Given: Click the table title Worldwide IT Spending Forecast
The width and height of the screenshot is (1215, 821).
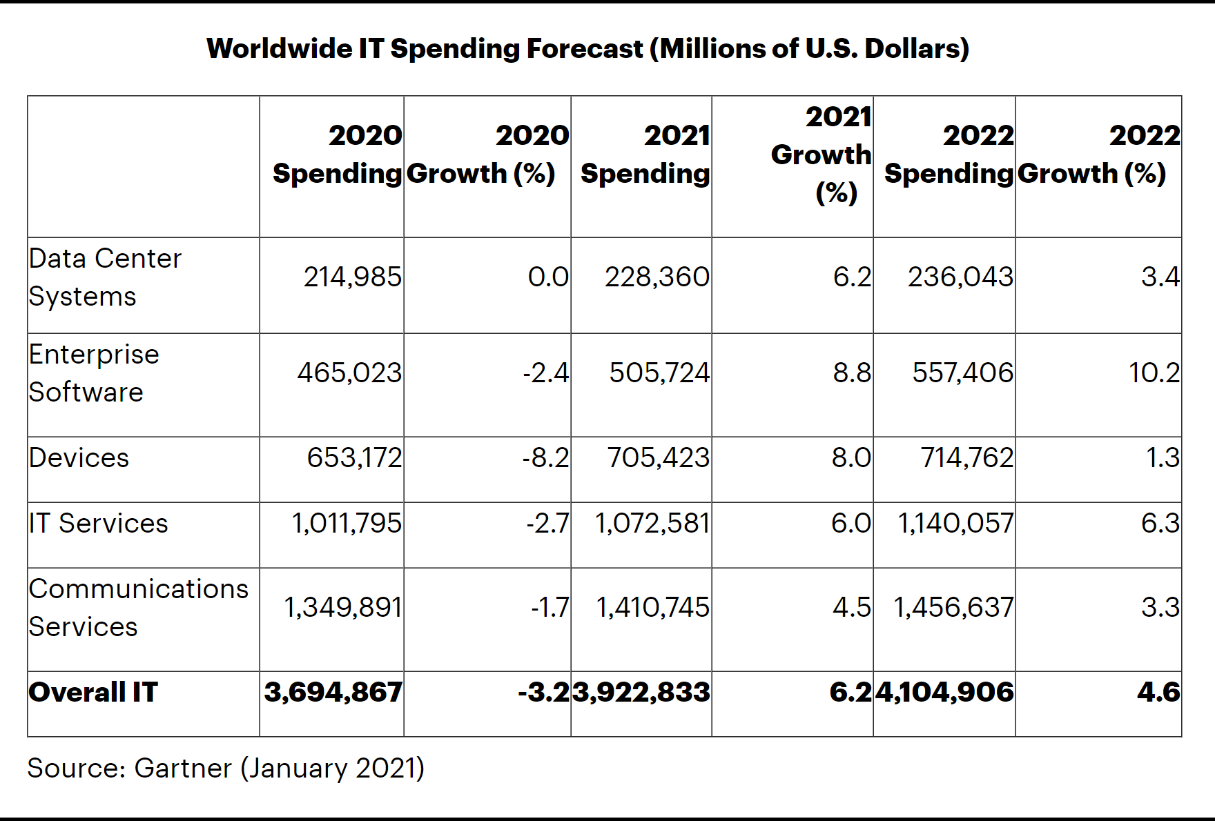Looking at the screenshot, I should (587, 49).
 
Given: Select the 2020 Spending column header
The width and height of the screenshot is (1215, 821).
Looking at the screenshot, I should (337, 155).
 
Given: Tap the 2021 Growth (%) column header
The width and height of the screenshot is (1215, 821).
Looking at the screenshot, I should (822, 155).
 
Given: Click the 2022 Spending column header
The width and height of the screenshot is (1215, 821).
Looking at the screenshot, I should (949, 155).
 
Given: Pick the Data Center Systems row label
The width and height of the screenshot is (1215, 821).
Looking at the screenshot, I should (105, 277).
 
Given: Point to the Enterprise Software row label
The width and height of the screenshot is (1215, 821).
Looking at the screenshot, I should (94, 373).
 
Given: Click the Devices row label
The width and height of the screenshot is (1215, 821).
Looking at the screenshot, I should (79, 458).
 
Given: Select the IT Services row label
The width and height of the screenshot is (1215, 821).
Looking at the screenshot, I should (98, 524).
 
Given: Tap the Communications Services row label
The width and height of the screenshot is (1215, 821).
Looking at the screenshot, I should (138, 608).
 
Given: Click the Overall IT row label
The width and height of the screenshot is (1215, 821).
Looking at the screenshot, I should (93, 693).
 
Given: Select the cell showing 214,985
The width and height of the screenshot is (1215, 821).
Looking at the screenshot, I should (352, 277).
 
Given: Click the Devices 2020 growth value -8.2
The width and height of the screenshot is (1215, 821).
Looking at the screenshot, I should (545, 458).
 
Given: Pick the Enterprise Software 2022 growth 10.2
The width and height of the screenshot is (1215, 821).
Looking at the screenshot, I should (1154, 373).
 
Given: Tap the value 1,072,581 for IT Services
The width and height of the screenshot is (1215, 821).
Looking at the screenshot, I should (652, 524).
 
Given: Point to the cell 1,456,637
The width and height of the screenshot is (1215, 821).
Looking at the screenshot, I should (953, 608).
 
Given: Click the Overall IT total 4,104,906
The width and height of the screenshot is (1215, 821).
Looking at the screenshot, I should (944, 693).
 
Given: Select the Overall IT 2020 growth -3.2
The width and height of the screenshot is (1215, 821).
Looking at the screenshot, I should (544, 693).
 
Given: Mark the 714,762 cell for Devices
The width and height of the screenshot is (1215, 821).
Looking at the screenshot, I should (966, 458).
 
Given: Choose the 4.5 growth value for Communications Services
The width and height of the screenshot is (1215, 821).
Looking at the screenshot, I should (851, 608).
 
